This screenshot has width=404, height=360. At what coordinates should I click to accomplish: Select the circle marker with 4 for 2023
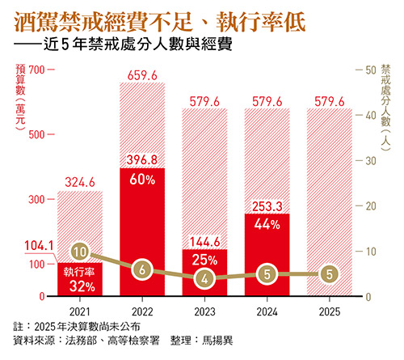coord(205,278)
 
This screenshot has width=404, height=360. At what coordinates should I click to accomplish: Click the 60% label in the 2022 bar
coord(142,180)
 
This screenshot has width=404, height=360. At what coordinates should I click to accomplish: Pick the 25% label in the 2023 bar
coord(205,260)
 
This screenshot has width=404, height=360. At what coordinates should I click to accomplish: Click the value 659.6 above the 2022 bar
coord(142,77)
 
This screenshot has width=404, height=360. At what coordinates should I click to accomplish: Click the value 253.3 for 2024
coord(267,206)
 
